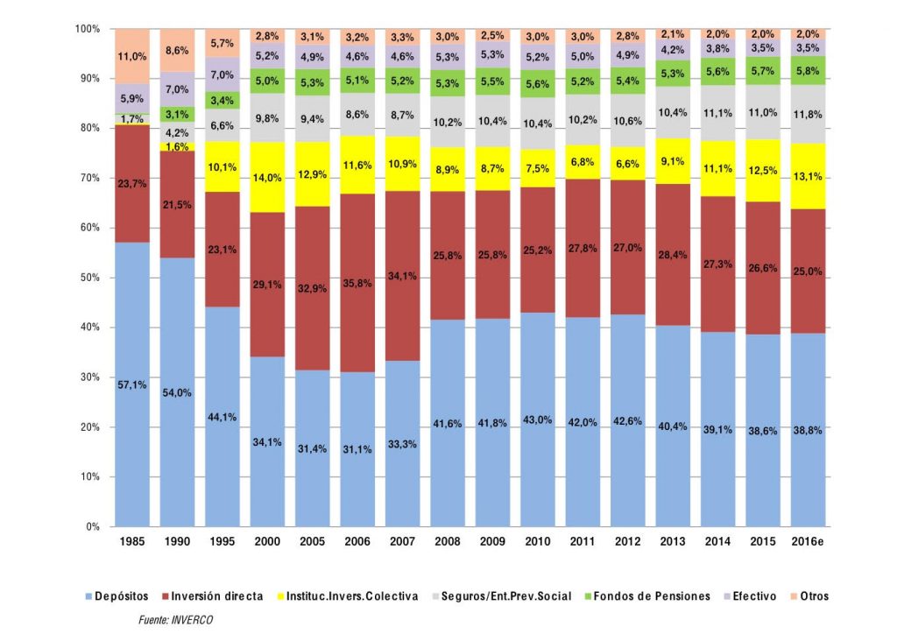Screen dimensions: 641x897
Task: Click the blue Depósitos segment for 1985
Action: (x=131, y=385)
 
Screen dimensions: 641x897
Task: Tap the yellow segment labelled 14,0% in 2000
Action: (x=267, y=177)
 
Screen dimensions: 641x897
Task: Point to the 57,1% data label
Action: (x=131, y=384)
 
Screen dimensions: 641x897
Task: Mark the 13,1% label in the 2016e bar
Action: (x=809, y=175)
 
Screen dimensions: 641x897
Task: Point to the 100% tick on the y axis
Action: (x=88, y=29)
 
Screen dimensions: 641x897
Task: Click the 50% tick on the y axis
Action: (x=90, y=278)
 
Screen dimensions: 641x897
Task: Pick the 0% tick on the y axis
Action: (x=93, y=526)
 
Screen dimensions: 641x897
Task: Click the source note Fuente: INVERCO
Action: (x=176, y=620)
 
